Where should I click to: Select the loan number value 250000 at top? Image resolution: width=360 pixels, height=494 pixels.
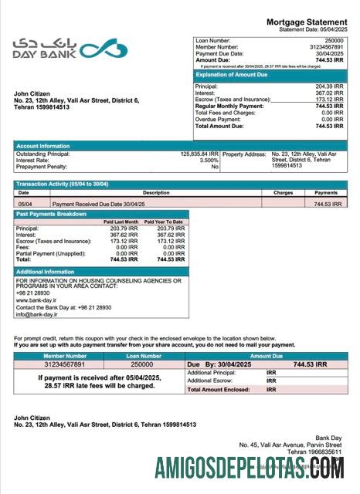tap(334, 39)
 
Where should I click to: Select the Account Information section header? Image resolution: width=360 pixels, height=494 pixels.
tap(44, 146)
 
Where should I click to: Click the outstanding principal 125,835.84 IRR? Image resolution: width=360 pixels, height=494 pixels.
tap(199, 154)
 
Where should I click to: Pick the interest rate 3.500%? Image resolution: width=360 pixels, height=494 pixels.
tap(209, 161)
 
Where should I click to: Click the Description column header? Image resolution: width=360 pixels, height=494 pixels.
tap(156, 192)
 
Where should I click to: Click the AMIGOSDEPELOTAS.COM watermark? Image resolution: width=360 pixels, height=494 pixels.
tap(248, 468)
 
